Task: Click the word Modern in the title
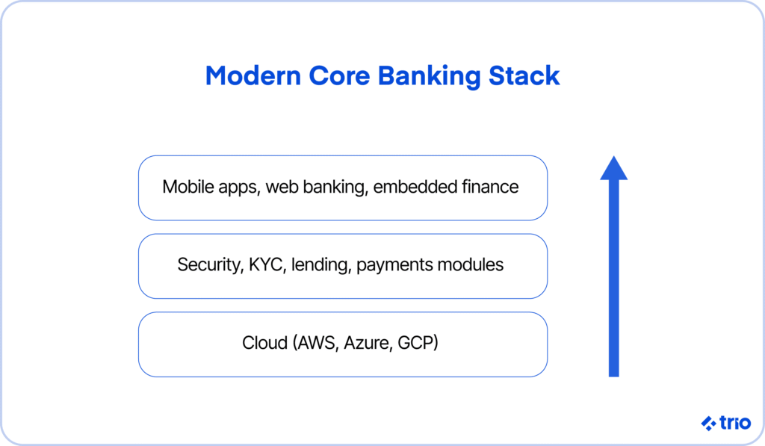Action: [253, 75]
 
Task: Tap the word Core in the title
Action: [339, 75]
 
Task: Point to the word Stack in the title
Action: [524, 75]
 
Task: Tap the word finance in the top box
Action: [490, 187]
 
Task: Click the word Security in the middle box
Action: [210, 265]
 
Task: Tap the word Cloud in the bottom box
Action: [265, 343]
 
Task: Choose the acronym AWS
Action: [316, 343]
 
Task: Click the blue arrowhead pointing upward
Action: [614, 168]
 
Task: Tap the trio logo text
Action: [735, 423]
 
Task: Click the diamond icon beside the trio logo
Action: [709, 423]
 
